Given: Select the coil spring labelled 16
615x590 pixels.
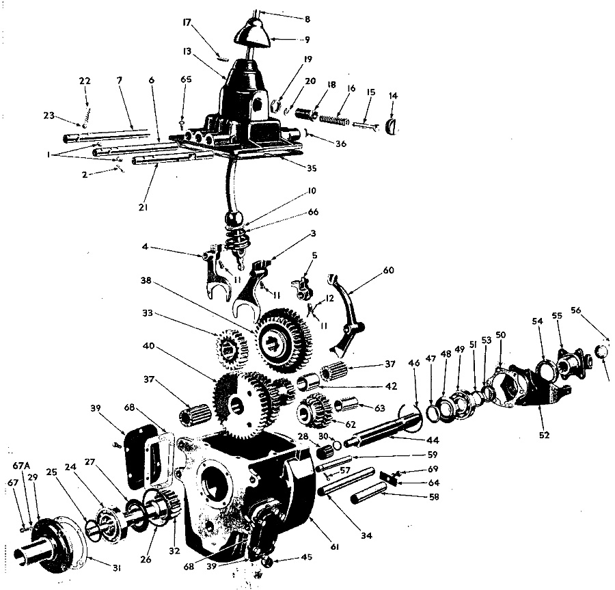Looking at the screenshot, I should tap(335, 120).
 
